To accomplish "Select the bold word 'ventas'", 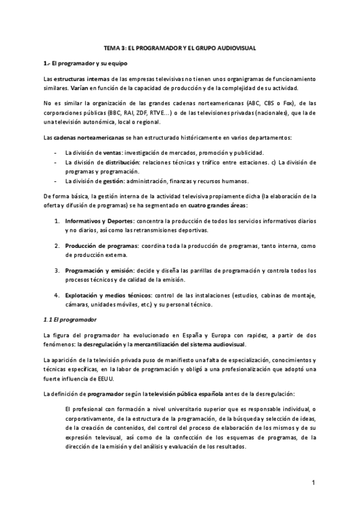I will (x=125, y=152).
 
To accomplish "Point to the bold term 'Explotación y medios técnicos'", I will (x=107, y=295).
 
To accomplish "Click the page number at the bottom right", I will (x=313, y=483).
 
